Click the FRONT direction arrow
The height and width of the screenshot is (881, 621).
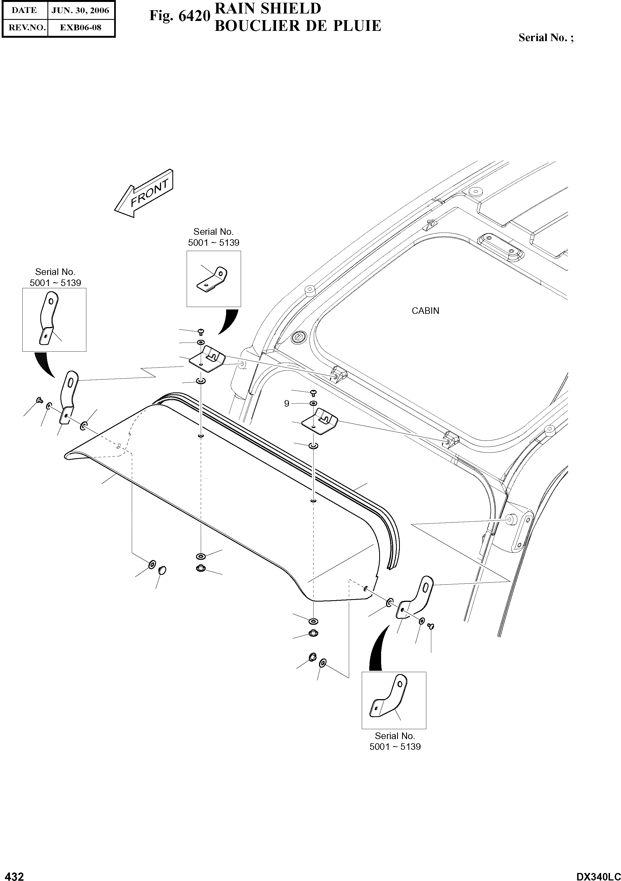pyautogui.click(x=144, y=193)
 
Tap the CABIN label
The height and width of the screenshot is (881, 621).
pyautogui.click(x=425, y=311)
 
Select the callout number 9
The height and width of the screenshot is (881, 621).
pyautogui.click(x=287, y=404)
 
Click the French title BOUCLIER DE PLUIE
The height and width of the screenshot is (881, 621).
pyautogui.click(x=298, y=26)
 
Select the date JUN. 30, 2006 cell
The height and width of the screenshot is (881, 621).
pyautogui.click(x=80, y=10)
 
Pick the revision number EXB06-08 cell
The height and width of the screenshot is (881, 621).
pyautogui.click(x=81, y=28)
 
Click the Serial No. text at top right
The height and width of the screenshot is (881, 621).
pyautogui.click(x=546, y=37)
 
